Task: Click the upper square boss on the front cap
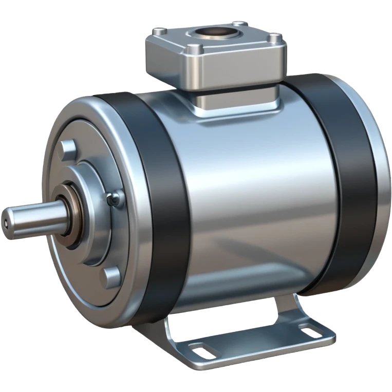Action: click(68, 148)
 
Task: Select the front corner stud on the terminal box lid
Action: click(192, 49)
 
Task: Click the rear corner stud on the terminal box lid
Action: click(237, 23)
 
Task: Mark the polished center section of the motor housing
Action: click(247, 195)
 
